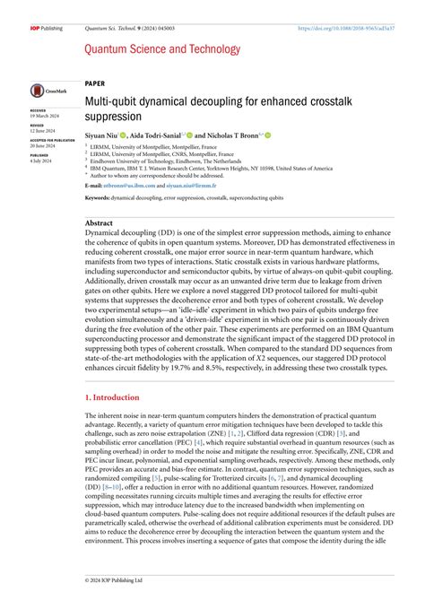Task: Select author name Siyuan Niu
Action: point(103,135)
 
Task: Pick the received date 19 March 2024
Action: point(43,116)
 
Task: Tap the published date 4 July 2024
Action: point(40,160)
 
